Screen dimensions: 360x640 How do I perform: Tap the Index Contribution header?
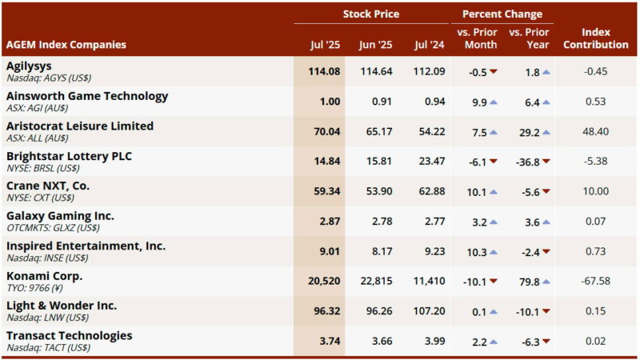(x=595, y=38)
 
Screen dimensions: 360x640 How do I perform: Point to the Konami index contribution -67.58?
(x=595, y=282)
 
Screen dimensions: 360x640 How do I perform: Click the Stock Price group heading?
(x=370, y=14)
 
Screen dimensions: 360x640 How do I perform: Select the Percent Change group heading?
(x=502, y=14)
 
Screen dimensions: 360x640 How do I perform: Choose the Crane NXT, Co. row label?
(x=48, y=186)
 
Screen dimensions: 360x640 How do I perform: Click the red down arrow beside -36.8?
(x=546, y=162)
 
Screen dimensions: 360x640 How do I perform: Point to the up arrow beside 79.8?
(x=546, y=282)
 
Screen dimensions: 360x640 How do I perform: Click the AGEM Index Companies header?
(x=66, y=45)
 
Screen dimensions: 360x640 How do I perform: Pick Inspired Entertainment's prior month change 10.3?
(x=476, y=252)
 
